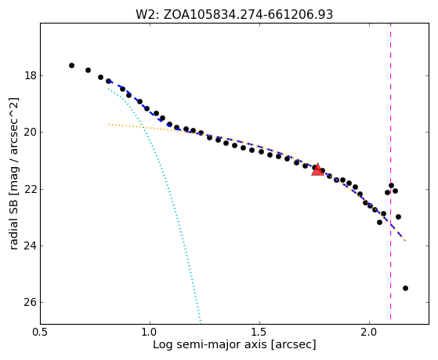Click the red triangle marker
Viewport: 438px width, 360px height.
(317, 169)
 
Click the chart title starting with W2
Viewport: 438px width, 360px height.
(234, 14)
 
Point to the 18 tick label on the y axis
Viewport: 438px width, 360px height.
(31, 75)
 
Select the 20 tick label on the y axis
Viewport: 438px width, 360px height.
(31, 132)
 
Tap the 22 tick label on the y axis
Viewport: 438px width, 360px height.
(31, 189)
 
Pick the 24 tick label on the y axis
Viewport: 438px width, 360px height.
(31, 245)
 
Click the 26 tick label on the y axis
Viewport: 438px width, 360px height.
(31, 303)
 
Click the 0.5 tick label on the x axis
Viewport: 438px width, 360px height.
(41, 333)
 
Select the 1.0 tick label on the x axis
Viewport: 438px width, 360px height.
(150, 333)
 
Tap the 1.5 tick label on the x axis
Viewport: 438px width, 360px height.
(260, 333)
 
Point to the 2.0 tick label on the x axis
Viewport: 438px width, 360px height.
(369, 333)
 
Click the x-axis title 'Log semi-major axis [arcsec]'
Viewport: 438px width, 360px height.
(234, 344)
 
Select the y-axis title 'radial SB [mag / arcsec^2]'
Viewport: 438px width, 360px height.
(13, 173)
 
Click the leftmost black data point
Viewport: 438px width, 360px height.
(71, 65)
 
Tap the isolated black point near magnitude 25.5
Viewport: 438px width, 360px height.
(405, 288)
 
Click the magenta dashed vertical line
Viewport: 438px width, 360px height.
(390, 171)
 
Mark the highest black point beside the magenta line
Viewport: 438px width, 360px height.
(391, 185)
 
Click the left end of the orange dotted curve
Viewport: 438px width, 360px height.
(109, 124)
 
